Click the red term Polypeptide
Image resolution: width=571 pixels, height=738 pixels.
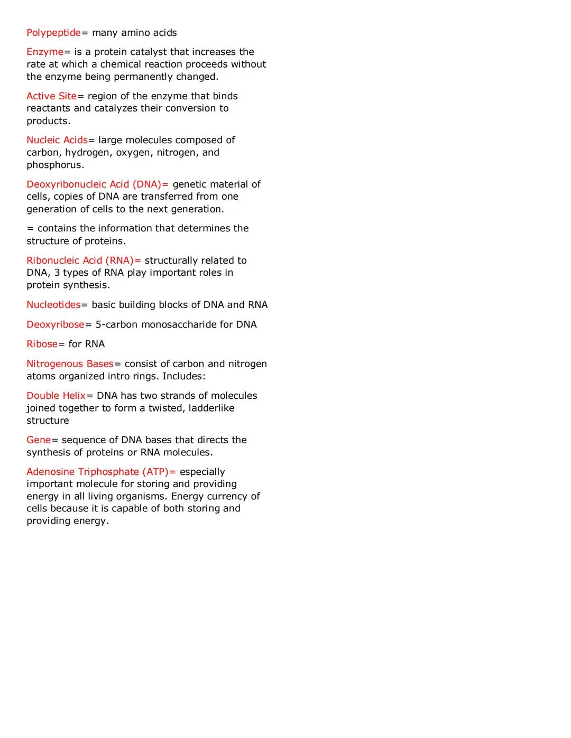click(53, 33)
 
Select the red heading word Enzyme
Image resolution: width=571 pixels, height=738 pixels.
click(45, 52)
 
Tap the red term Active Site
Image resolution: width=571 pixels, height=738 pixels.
click(51, 96)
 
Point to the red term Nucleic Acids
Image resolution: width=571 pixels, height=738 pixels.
click(57, 140)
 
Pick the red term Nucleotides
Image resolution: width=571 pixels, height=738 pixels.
click(53, 305)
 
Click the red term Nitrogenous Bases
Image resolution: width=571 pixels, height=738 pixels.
click(70, 364)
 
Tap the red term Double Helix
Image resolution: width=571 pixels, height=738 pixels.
click(56, 396)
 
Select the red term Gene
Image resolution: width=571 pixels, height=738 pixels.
click(39, 440)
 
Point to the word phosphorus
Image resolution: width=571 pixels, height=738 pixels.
click(55, 165)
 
